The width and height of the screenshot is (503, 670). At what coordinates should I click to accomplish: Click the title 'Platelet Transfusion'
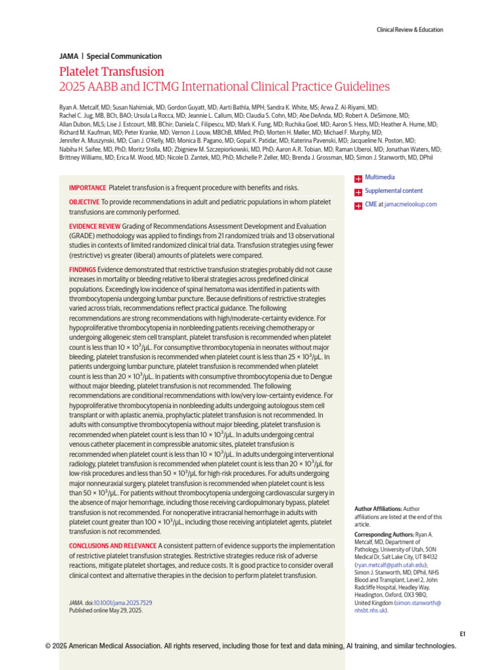pos(111,72)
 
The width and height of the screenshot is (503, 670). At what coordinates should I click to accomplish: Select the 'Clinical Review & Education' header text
pos(410,29)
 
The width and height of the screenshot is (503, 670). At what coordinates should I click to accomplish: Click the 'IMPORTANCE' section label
pos(87,188)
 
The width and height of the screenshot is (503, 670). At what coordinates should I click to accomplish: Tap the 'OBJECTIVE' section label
pos(84,202)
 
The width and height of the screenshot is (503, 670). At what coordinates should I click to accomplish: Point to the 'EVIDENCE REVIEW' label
pos(94,226)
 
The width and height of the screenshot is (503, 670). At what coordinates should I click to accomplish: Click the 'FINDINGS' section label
pos(83,270)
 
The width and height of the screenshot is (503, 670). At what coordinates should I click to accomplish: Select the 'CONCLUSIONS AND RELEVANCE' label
pos(113,546)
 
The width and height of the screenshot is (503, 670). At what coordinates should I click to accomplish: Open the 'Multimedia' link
pos(380,177)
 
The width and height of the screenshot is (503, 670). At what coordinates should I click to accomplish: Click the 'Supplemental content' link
pos(394,191)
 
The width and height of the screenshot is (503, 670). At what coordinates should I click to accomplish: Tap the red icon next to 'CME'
pos(358,205)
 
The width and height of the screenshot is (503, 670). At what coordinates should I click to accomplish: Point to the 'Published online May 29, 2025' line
pos(105,610)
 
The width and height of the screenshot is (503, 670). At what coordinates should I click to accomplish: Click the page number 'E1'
pos(462,633)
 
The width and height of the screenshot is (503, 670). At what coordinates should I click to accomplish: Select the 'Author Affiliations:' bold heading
pos(376,508)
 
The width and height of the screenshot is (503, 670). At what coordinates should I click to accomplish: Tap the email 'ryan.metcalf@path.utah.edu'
pos(391,564)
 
